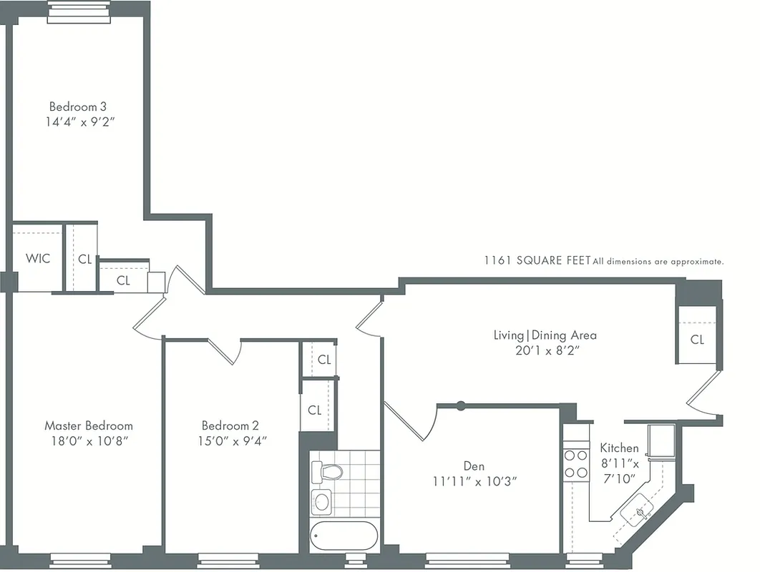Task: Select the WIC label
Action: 38,258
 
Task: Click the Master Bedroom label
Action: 89,425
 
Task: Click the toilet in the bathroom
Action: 328,471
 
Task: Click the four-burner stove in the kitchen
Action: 575,463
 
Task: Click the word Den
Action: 474,466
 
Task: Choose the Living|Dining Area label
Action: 545,335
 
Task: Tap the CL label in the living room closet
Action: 697,340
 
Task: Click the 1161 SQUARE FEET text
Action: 537,262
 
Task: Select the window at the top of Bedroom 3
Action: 79,11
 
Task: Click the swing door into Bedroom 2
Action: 223,348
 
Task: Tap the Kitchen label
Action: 619,448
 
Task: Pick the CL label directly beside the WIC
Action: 84,260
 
